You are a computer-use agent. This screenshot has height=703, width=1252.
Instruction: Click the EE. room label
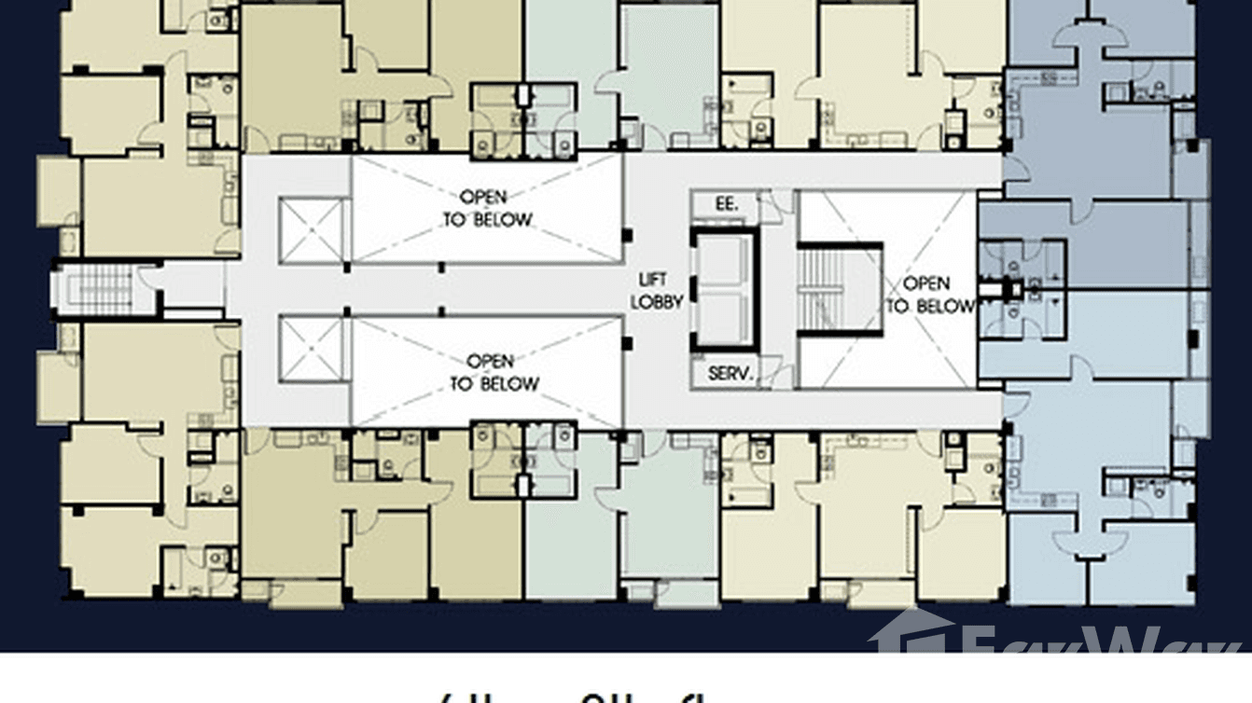pyautogui.click(x=727, y=204)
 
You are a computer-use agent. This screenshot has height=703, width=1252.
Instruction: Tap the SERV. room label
pyautogui.click(x=730, y=374)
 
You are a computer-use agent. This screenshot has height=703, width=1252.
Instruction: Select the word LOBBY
pyautogui.click(x=658, y=301)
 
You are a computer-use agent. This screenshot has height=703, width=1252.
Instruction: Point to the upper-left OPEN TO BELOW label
pyautogui.click(x=485, y=209)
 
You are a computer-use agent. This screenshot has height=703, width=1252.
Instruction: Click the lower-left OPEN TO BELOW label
pyautogui.click(x=492, y=372)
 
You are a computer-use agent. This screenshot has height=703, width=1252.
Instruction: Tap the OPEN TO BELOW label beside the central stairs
pyautogui.click(x=928, y=295)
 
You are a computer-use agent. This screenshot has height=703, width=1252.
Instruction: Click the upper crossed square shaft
pyautogui.click(x=312, y=230)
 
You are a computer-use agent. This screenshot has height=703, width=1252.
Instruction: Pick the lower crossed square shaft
pyautogui.click(x=312, y=350)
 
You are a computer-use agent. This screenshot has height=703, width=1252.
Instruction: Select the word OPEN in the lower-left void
pyautogui.click(x=490, y=361)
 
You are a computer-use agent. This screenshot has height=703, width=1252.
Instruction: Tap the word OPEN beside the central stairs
pyautogui.click(x=927, y=283)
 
